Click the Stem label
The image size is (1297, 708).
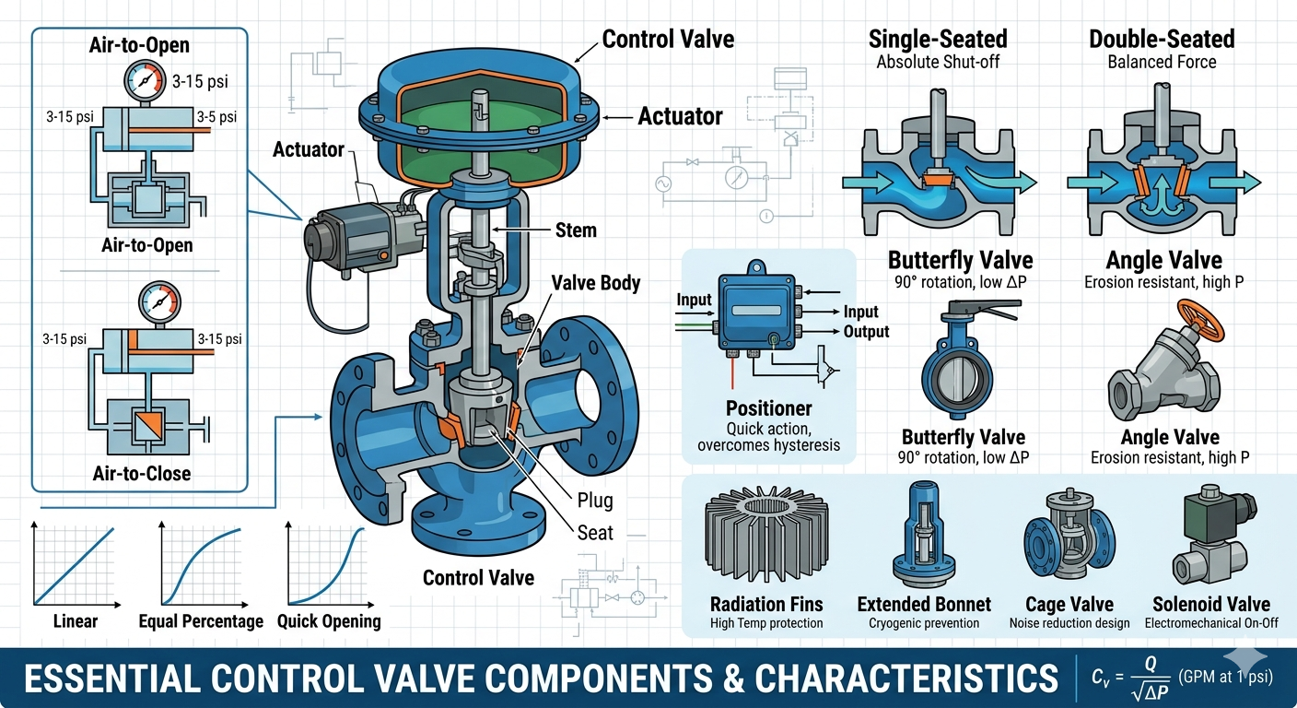point(576,230)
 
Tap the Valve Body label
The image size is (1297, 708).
point(596,283)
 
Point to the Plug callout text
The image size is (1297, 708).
point(595,501)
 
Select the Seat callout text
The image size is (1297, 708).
point(595,533)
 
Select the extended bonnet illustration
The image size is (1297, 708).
point(924,534)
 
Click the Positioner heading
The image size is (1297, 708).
point(768,408)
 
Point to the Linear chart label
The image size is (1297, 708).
point(76,621)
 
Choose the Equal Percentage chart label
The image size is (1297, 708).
point(201,621)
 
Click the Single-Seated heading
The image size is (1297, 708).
point(938,39)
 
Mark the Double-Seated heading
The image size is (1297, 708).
point(1162,39)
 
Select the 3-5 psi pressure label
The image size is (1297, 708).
point(216,117)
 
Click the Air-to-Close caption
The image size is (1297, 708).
point(141,473)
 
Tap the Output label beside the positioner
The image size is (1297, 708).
point(866,331)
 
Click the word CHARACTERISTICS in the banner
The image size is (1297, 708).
point(906,678)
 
